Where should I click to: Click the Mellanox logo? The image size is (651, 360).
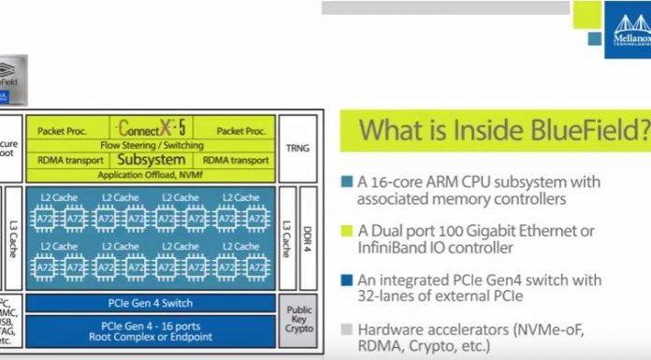point(626,33)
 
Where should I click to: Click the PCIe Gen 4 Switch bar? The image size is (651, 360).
point(150,303)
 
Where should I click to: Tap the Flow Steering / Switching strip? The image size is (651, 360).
point(150,145)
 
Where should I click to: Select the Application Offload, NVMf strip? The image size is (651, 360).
point(150,173)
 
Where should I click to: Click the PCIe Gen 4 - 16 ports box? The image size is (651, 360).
point(150,330)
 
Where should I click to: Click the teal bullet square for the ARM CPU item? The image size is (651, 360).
point(346,181)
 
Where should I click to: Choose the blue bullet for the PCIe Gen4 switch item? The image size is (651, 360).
point(346,280)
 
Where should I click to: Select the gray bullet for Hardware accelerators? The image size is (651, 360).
point(346,328)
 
